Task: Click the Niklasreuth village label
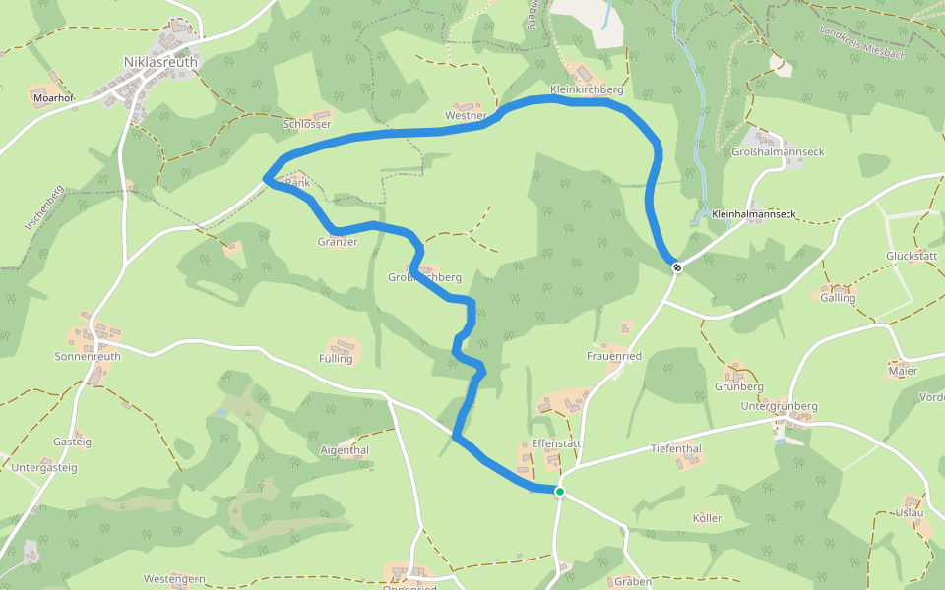coord(160,62)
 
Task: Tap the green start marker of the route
coord(559,491)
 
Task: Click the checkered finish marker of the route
coord(677,266)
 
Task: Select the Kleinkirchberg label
coord(587,89)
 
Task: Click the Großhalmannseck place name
coord(778,152)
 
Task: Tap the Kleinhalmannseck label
coord(752,213)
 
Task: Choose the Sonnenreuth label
coord(88,357)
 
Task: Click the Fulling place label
coord(336,359)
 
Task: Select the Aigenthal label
coord(345,450)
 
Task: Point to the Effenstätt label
coord(557,443)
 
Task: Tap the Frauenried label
coord(614,356)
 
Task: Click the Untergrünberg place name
coord(779,406)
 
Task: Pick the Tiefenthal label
coord(676,449)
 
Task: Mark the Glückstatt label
coord(911,256)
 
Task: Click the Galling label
coord(838,298)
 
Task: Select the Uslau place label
coord(910,513)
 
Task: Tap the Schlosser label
coord(307,125)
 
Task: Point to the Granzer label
coord(338,242)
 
